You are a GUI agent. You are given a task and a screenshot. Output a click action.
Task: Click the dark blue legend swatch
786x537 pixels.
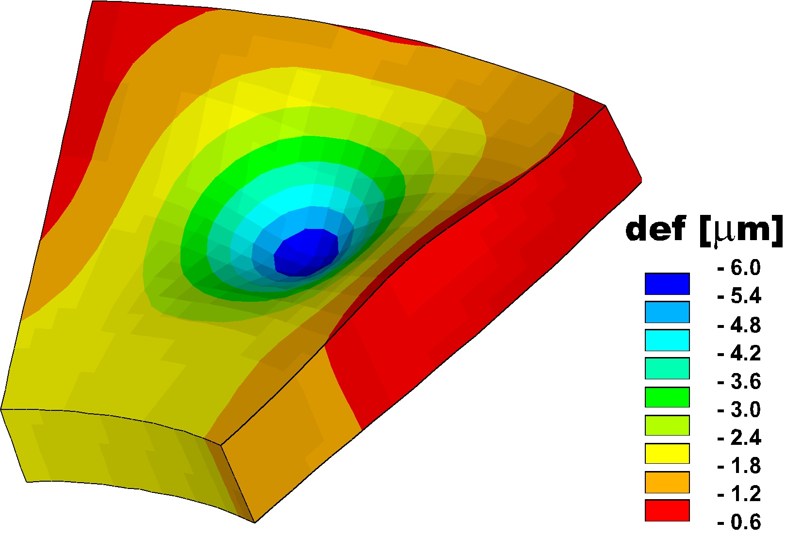667,284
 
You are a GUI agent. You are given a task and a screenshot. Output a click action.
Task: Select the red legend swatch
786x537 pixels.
667,510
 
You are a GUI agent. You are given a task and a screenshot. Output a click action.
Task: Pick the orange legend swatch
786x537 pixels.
667,482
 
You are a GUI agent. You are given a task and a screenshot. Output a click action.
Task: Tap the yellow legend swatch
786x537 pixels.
667,454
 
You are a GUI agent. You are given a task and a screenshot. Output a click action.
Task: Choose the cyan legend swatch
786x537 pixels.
667,340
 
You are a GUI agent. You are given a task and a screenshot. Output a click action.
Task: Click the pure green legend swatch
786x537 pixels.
667,397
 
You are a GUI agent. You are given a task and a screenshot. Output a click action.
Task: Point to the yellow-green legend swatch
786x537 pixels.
667,425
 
